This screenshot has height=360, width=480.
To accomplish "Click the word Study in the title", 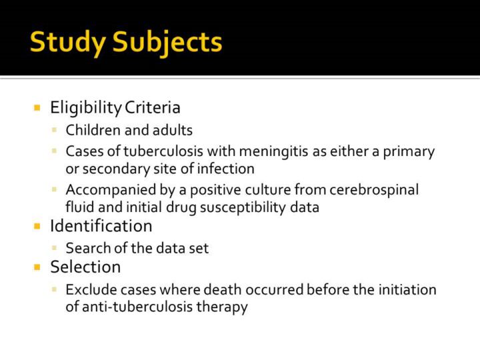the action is click(68, 43).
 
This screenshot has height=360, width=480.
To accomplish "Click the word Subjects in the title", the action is click(167, 43).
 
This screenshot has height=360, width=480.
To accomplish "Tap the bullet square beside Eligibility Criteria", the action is click(37, 107).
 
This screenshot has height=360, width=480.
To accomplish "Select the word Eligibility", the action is click(86, 108).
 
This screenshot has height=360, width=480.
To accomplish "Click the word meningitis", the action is click(273, 152).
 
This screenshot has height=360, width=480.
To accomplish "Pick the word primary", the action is click(409, 152).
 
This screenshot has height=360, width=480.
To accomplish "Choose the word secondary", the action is click(116, 169).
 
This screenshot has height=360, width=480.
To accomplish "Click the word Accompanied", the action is click(111, 191).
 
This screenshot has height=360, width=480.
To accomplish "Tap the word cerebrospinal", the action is click(374, 191).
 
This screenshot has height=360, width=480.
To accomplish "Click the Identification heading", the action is click(101, 226).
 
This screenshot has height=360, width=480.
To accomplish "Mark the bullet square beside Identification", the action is click(37, 226).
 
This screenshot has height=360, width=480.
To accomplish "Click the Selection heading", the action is click(85, 267).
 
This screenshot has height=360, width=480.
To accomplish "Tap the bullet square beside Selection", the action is click(37, 267).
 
